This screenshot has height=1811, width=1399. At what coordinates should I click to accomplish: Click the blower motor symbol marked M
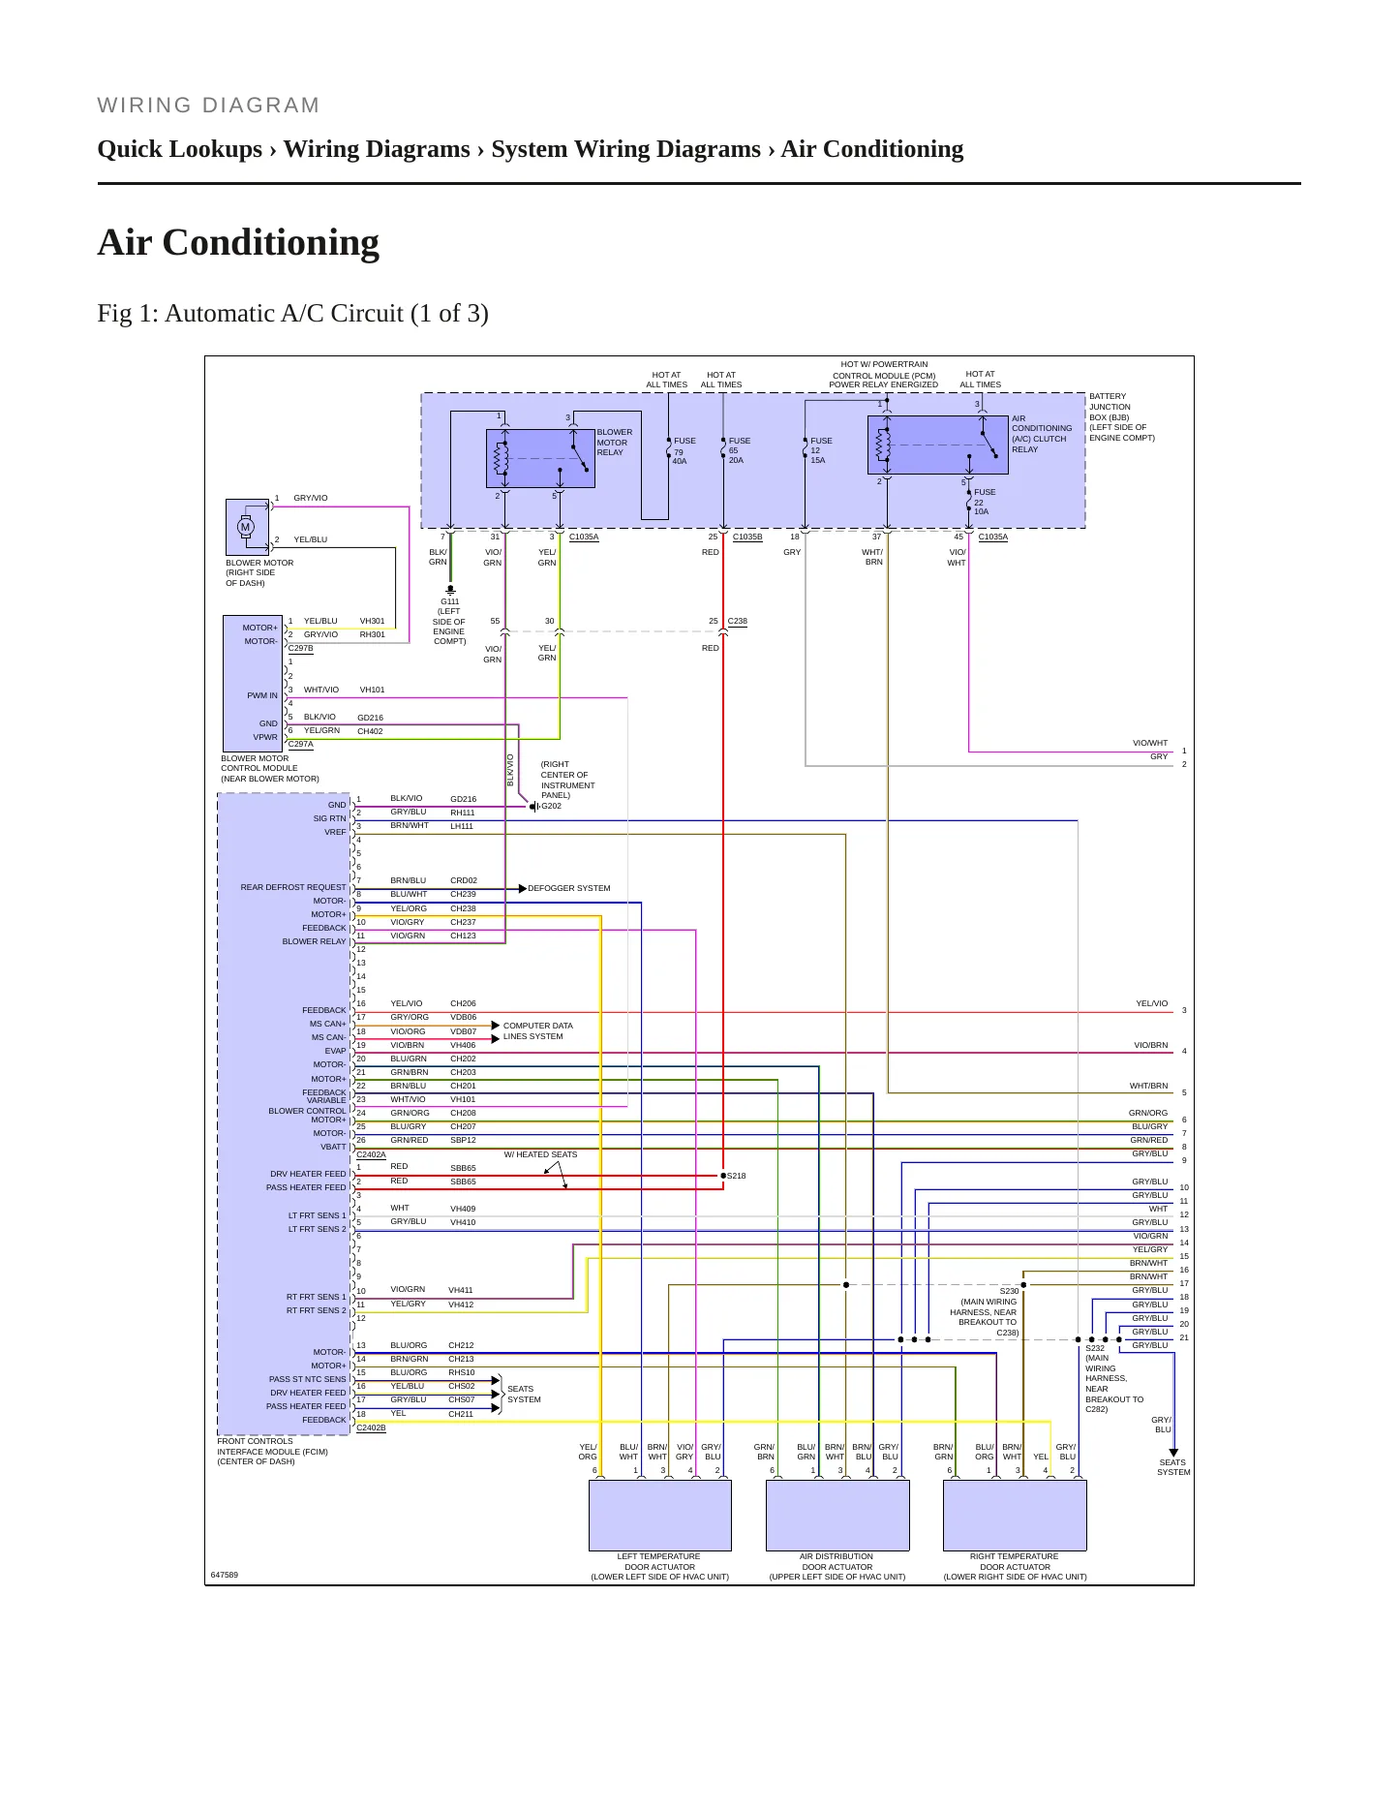[x=246, y=527]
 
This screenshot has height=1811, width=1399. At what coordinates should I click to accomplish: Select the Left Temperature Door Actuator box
[x=660, y=1515]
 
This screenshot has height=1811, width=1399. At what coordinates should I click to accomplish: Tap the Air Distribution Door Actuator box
[x=837, y=1515]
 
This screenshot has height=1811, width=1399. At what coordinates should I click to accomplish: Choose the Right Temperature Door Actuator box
[x=1015, y=1515]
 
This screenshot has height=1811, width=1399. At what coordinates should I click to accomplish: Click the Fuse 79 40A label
[x=684, y=450]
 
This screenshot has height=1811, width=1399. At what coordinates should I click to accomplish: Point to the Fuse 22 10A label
[x=985, y=502]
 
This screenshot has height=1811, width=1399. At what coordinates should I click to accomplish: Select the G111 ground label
[x=450, y=601]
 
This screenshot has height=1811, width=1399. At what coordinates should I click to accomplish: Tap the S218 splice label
[x=737, y=1176]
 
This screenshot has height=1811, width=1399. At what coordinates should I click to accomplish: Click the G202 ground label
[x=551, y=806]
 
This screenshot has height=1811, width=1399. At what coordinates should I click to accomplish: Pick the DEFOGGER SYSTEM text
[x=569, y=888]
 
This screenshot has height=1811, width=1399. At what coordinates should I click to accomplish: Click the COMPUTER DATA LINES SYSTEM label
[x=537, y=1030]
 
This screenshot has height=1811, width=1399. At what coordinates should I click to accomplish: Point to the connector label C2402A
[x=371, y=1154]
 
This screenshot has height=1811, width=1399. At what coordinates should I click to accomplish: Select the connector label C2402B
[x=371, y=1427]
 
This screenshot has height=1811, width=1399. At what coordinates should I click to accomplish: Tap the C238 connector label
[x=738, y=621]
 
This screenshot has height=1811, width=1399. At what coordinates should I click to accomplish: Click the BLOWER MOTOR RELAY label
[x=615, y=443]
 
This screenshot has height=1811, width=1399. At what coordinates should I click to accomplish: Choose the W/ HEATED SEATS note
[x=540, y=1154]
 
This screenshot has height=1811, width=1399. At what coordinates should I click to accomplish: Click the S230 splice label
[x=1009, y=1291]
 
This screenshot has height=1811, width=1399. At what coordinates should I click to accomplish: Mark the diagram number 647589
[x=225, y=1575]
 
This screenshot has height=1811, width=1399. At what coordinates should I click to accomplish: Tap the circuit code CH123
[x=463, y=936]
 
